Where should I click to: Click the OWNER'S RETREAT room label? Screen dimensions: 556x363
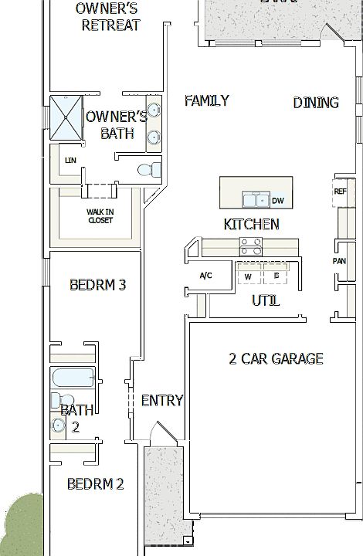pos(107,17)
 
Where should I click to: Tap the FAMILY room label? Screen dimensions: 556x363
pos(206,100)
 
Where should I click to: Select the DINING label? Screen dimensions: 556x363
pos(316,103)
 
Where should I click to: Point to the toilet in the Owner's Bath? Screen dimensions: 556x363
pos(148,170)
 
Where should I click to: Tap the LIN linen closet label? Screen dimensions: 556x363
pos(71,161)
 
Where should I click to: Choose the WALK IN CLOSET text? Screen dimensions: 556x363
pos(99,215)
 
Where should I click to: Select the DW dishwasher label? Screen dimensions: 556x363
pos(277,202)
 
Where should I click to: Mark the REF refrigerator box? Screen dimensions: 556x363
pos(340,192)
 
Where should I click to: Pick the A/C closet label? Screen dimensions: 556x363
pos(205,276)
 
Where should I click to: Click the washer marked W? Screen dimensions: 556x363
pos(248,276)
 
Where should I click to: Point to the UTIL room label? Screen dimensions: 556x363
pos(265,300)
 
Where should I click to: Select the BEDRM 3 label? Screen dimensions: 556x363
pos(97,285)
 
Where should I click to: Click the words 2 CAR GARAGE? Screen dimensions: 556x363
pos(276,358)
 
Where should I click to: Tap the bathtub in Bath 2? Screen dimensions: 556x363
pos(73,379)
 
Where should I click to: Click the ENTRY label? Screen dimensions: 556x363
pos(162,400)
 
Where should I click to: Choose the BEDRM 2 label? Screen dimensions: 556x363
pos(95,484)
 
